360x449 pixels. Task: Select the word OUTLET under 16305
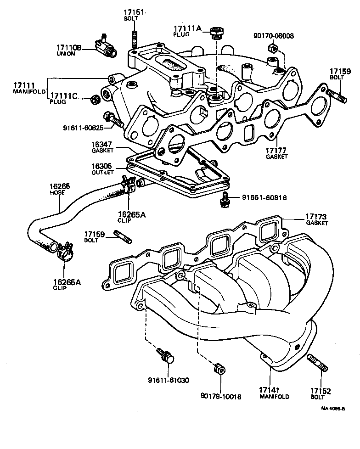point(102,172)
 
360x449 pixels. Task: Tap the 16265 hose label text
point(60,187)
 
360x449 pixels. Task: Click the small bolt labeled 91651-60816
point(225,198)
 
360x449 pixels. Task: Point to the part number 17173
point(317,216)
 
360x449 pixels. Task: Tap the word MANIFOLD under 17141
point(274,396)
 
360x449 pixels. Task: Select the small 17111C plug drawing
point(95,98)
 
